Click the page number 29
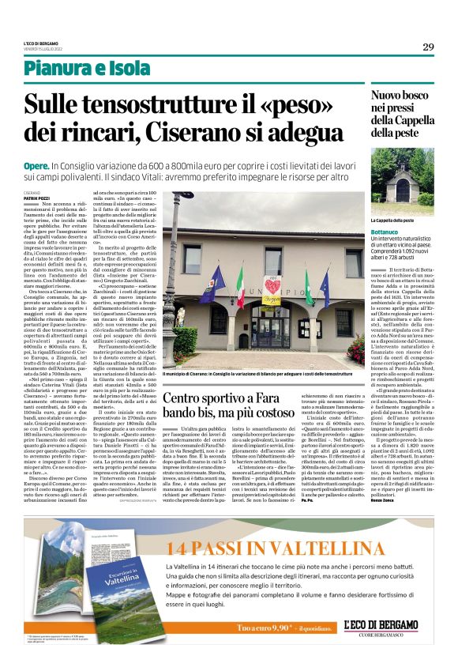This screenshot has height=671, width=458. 428,47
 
